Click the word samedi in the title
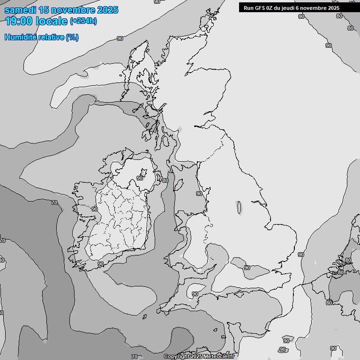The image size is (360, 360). pos(20,10)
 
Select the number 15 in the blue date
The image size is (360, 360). pos(44,10)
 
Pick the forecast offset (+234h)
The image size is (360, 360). pos(83,21)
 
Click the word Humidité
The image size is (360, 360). pos(19,37)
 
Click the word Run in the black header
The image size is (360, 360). pos(248,7)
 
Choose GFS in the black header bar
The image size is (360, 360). pos(261,7)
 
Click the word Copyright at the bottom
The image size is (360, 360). pos(176,357)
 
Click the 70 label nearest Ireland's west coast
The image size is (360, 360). pos(54,202)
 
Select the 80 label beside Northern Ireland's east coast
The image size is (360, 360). pos(165,180)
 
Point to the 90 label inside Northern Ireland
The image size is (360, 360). pos(140,178)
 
